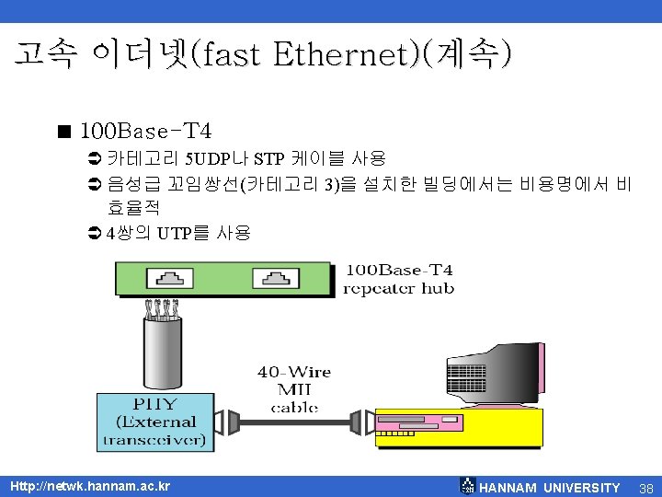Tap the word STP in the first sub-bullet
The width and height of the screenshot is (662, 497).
[x=269, y=159]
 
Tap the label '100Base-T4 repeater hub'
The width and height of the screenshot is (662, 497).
[x=398, y=279]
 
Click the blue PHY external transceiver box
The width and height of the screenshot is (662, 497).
[x=154, y=422]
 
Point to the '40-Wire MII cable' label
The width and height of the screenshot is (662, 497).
[x=293, y=388]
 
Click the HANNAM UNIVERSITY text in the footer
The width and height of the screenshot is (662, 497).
[x=550, y=488]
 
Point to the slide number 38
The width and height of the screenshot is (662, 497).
[x=645, y=488]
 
